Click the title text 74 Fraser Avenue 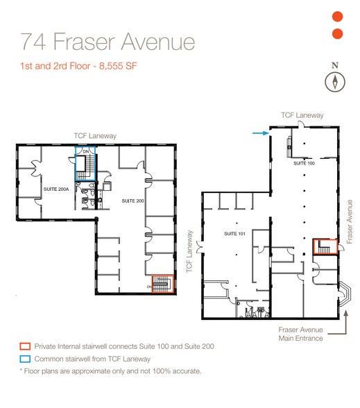click(107, 42)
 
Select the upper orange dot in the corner click(338, 17)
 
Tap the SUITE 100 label click(304, 162)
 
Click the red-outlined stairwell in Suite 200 click(162, 282)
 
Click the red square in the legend click(25, 346)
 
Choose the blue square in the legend click(25, 359)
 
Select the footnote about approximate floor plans click(110, 372)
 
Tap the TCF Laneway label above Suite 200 click(96, 136)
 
